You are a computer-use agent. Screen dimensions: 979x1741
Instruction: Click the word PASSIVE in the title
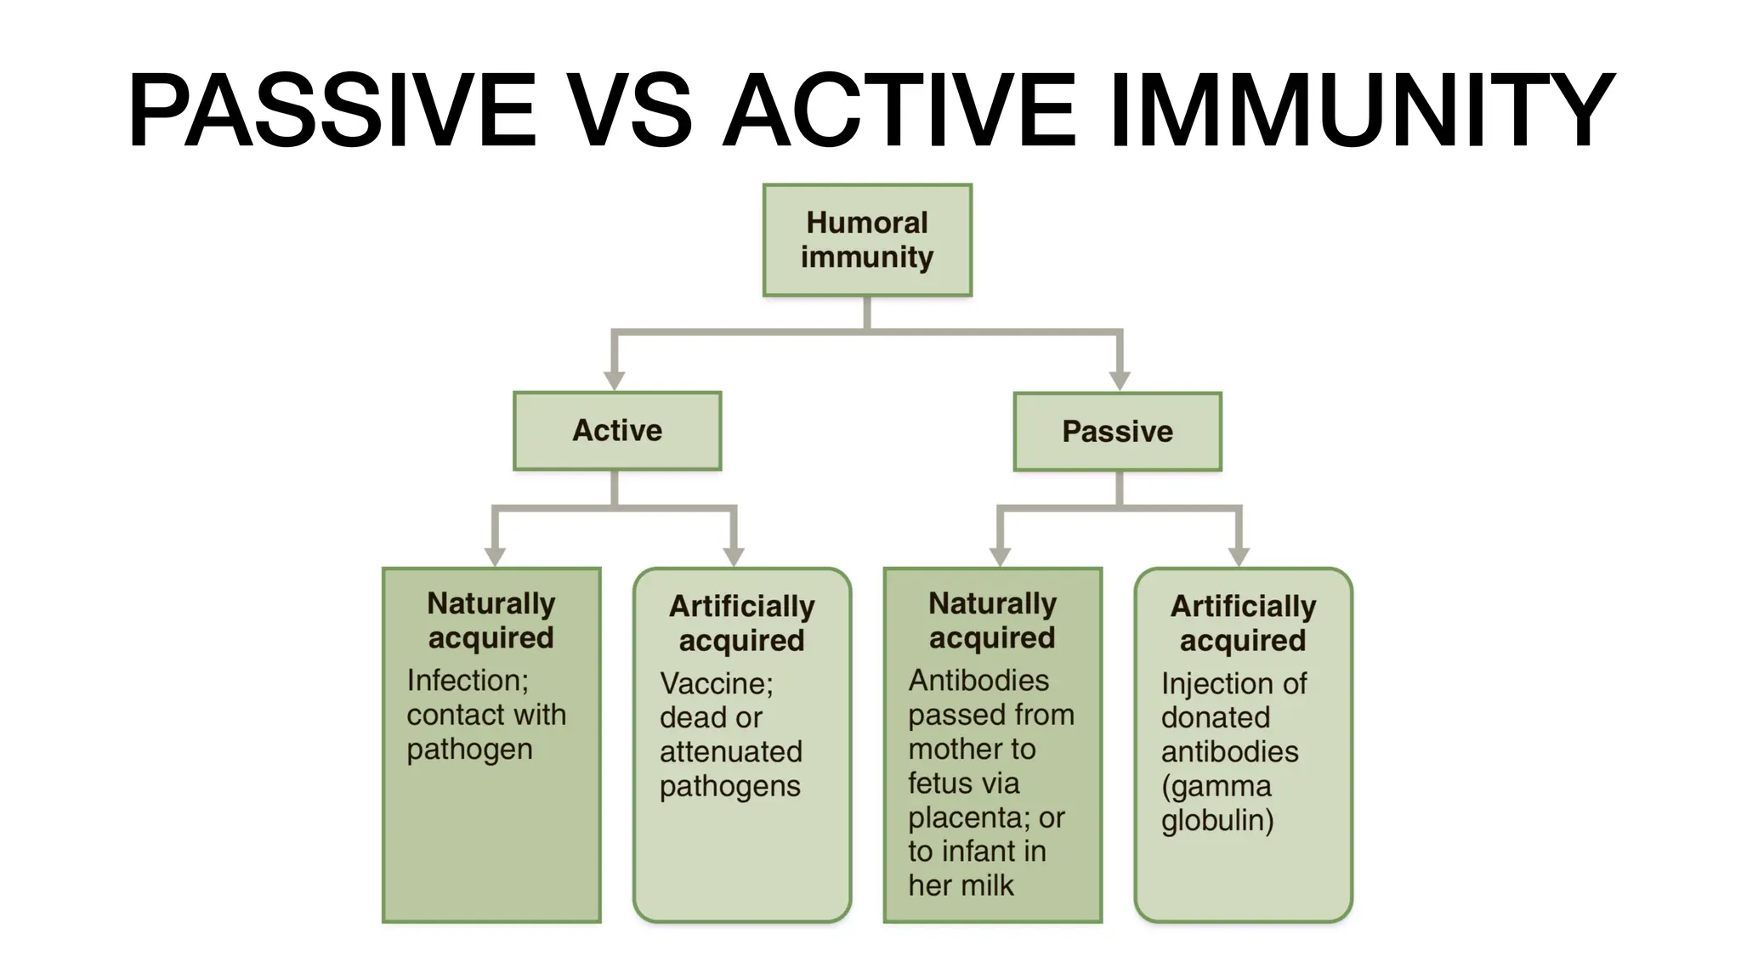332,110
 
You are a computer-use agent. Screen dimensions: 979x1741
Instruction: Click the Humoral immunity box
867,240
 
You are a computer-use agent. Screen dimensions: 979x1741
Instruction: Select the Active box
617,431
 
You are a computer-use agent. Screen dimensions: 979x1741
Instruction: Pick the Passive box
1117,432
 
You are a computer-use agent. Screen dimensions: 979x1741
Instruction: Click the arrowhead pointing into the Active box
615,380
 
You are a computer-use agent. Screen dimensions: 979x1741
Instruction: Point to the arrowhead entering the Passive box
1120,380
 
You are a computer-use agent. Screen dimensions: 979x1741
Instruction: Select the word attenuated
730,752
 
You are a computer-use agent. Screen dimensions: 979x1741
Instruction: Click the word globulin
1216,821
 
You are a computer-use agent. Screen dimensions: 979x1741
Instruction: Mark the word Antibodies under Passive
978,681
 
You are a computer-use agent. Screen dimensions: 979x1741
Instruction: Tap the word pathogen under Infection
469,750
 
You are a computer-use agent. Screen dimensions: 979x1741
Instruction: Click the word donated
1215,718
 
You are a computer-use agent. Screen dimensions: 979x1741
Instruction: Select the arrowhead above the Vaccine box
734,556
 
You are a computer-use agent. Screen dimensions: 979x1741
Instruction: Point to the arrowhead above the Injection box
1239,556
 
